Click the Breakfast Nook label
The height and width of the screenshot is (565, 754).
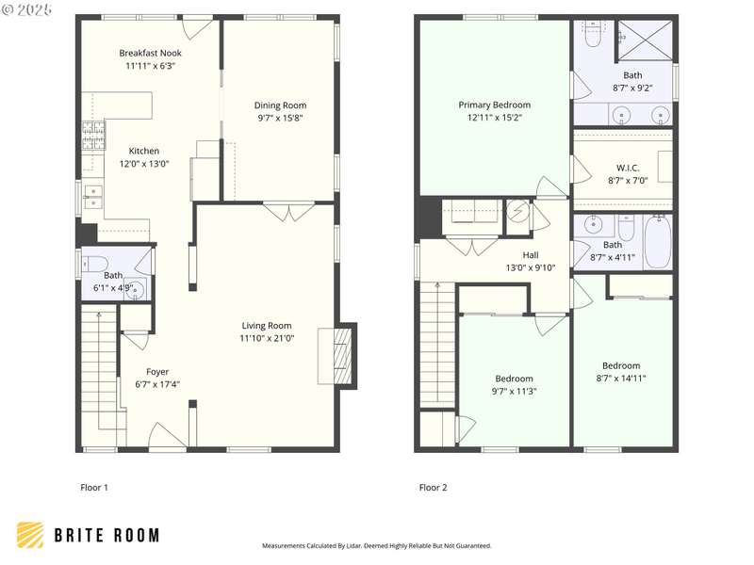point(150,53)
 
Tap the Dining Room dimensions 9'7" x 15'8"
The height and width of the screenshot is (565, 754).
point(280,119)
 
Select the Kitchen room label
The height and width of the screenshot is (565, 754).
point(144,151)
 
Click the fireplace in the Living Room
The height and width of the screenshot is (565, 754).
point(343,356)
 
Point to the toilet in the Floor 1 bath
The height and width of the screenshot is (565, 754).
point(95,264)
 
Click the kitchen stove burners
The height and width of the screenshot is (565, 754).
point(93,136)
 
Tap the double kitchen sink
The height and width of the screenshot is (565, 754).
point(93,198)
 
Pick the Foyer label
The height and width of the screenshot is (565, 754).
point(157,372)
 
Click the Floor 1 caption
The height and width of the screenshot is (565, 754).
point(94,488)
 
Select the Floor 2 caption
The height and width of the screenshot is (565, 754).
point(434,488)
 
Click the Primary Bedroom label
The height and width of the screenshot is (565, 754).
point(494,105)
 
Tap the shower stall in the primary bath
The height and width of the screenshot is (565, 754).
point(645,40)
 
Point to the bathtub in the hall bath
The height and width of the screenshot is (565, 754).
point(657,242)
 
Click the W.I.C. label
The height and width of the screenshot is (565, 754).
point(628,168)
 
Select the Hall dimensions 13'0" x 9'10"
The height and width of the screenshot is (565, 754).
point(531,267)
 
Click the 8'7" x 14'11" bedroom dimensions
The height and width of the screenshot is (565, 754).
point(621,379)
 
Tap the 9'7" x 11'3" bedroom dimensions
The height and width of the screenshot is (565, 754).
point(514,391)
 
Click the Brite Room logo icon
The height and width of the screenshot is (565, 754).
point(30,535)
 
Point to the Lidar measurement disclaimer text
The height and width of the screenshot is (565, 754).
point(376,546)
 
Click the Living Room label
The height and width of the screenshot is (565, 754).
point(267,326)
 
